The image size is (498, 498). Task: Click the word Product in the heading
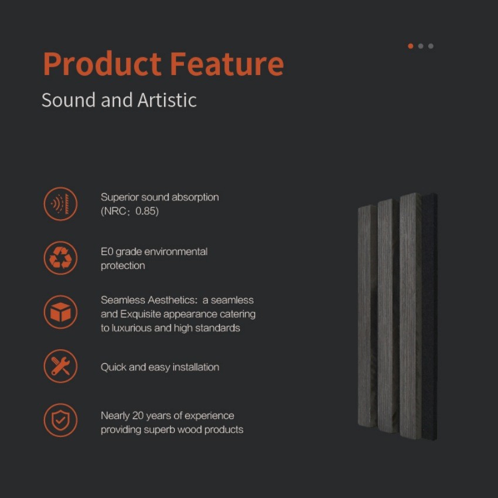[x=102, y=64]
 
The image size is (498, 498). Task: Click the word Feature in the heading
[x=227, y=64]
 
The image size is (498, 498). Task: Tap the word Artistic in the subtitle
[x=167, y=100]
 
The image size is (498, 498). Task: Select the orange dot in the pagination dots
[x=410, y=46]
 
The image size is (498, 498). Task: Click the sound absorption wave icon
[x=60, y=203]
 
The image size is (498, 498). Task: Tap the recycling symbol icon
[x=60, y=258]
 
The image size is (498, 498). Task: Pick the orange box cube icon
[x=60, y=312]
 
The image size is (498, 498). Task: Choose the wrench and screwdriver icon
[x=60, y=366]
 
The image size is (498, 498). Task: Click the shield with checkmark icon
[x=60, y=420]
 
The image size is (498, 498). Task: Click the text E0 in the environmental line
[x=107, y=251]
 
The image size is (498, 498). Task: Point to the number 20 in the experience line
[x=138, y=415]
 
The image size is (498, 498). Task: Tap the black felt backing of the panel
[x=429, y=316]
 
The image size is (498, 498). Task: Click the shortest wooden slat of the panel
[x=367, y=316]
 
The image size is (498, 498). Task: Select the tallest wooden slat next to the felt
[x=410, y=316]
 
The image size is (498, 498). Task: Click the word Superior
[x=120, y=197]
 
